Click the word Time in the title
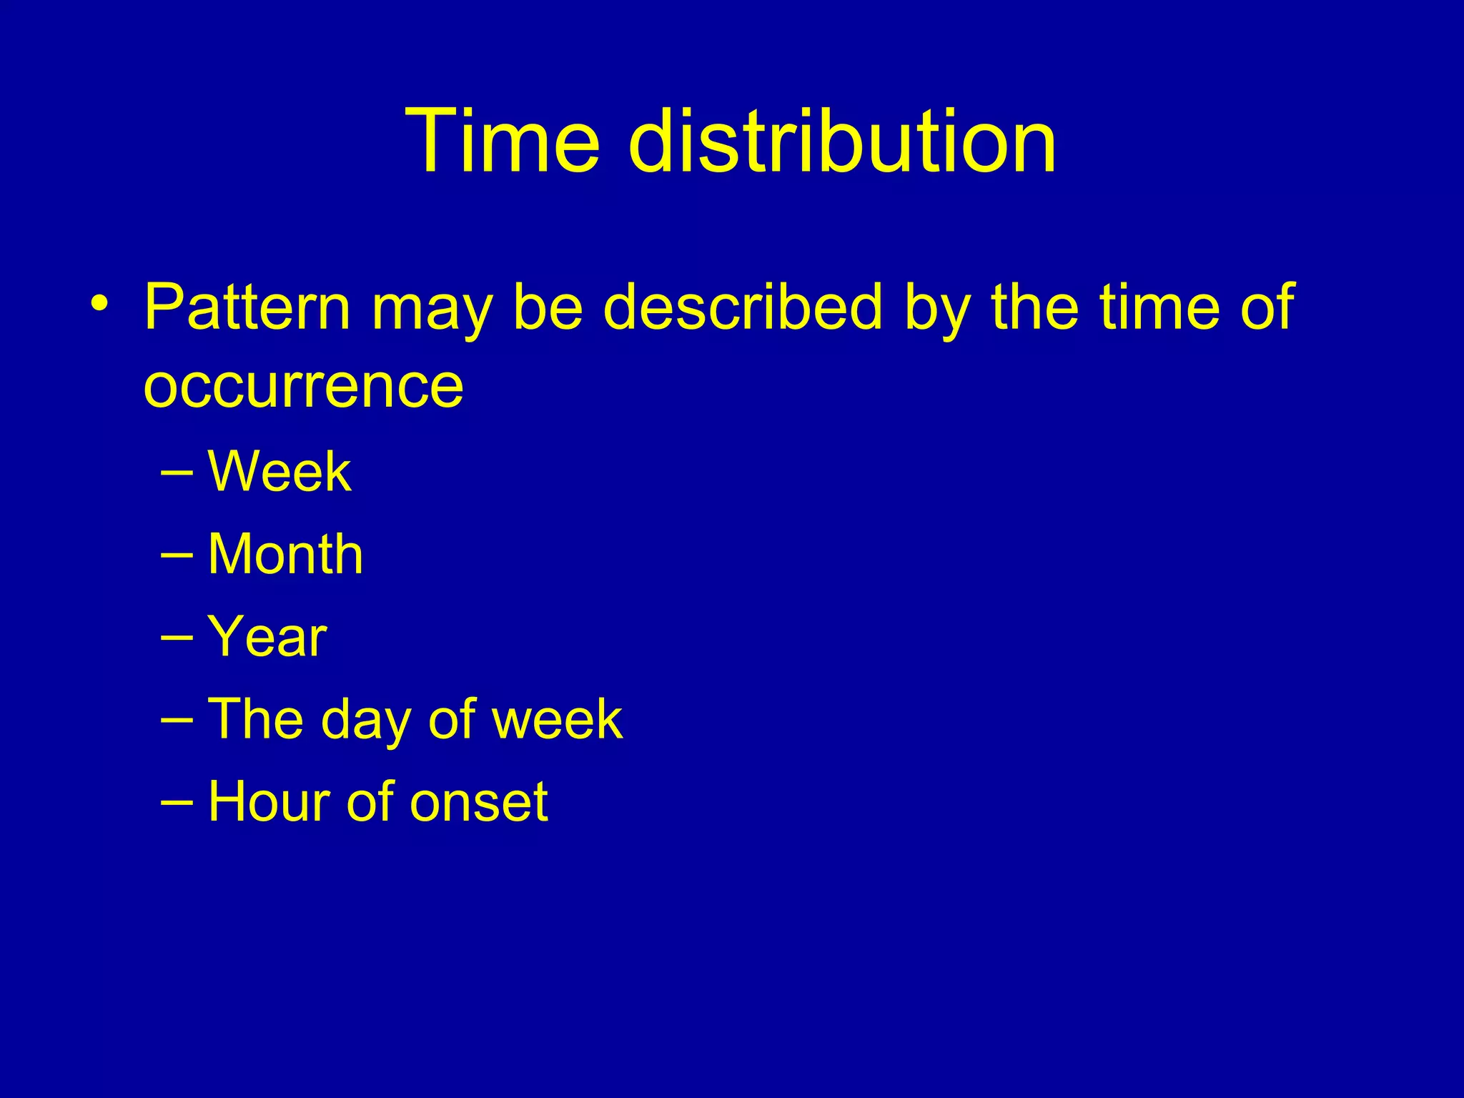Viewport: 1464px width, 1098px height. click(x=503, y=140)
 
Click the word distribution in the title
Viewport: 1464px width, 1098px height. click(x=842, y=140)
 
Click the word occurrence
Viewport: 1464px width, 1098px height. click(x=304, y=387)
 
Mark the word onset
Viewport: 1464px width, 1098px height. click(x=479, y=803)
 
